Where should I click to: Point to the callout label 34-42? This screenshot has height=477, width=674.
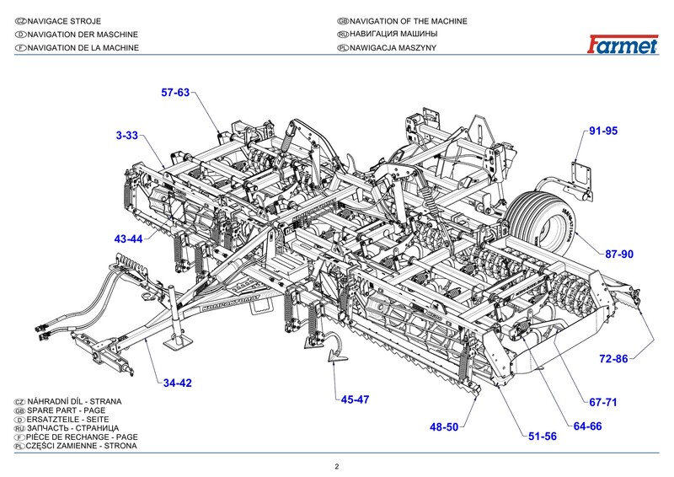[x=178, y=383]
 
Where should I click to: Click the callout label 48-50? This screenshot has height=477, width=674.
[x=443, y=427]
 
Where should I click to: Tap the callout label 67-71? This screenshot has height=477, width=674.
[x=602, y=402]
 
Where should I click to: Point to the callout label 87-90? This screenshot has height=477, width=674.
[x=618, y=254]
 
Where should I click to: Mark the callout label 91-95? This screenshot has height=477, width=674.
[x=603, y=131]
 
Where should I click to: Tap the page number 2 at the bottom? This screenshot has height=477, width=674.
[x=337, y=466]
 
